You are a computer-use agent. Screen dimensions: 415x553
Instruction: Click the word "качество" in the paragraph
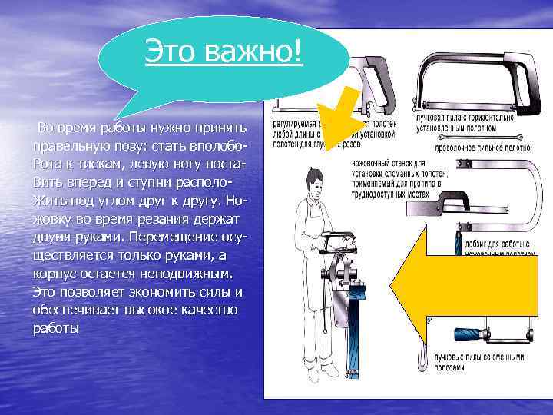click(x=204, y=309)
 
